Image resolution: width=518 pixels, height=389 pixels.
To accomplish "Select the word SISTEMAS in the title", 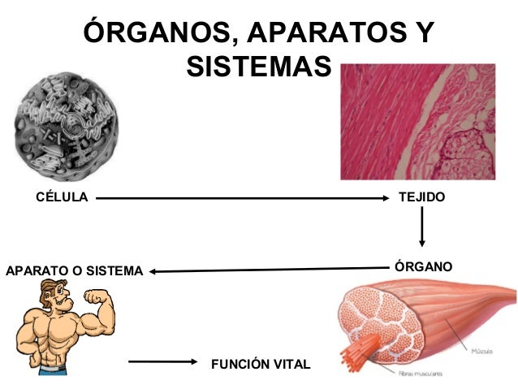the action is pyautogui.click(x=259, y=65).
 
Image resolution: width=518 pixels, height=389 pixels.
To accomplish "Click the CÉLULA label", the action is pyautogui.click(x=62, y=197).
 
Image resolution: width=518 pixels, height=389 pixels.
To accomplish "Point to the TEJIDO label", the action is pyautogui.click(x=422, y=197).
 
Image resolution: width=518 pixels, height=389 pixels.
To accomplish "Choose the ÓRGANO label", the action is pyautogui.click(x=422, y=267).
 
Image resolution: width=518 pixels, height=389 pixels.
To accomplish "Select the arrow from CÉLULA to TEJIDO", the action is pyautogui.click(x=244, y=197).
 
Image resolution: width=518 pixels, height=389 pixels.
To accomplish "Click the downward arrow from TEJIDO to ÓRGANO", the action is pyautogui.click(x=421, y=227).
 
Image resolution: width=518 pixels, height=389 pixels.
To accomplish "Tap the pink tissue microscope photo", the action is pyautogui.click(x=417, y=122).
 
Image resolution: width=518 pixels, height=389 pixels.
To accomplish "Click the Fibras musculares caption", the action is pyautogui.click(x=420, y=374).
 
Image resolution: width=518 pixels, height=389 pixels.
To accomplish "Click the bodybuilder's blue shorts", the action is pyautogui.click(x=52, y=370).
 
